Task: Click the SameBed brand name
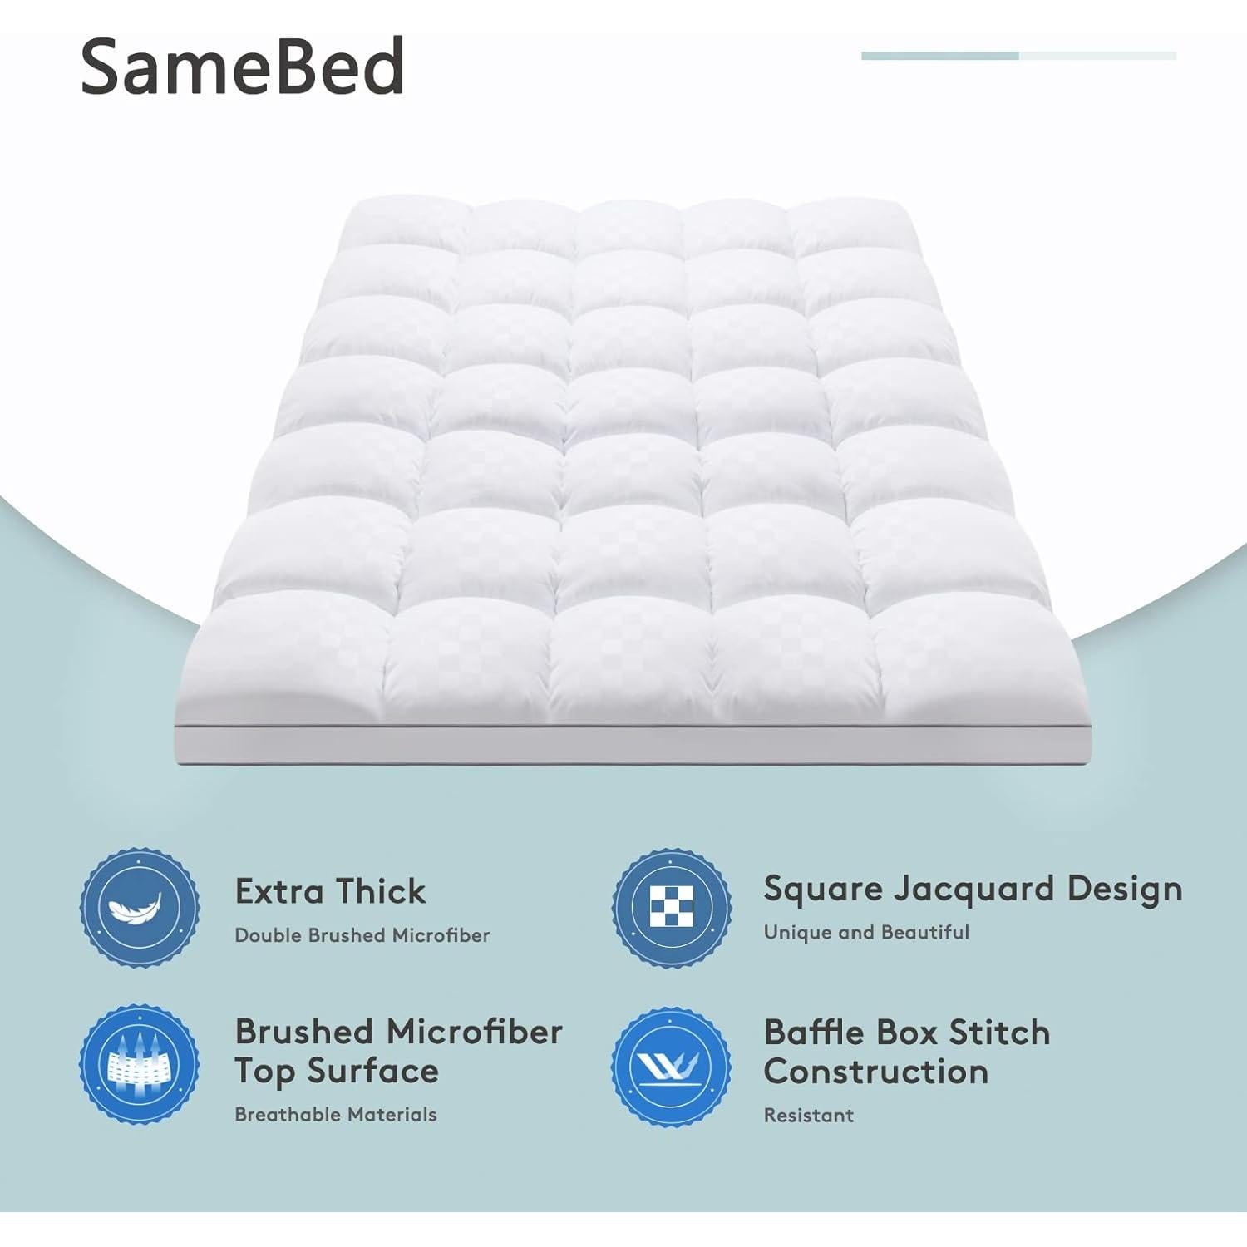pyautogui.click(x=242, y=67)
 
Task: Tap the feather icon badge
pyautogui.click(x=140, y=908)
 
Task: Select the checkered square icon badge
pyautogui.click(x=672, y=908)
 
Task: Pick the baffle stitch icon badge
pyautogui.click(x=672, y=1065)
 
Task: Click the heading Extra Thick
pyautogui.click(x=330, y=891)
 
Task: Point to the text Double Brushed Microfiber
pyautogui.click(x=362, y=935)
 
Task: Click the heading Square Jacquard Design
pyautogui.click(x=973, y=889)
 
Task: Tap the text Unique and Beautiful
pyautogui.click(x=866, y=932)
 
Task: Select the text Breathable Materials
pyautogui.click(x=335, y=1114)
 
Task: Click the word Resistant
pyautogui.click(x=808, y=1115)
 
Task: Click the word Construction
pyautogui.click(x=876, y=1072)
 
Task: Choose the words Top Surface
pyautogui.click(x=336, y=1071)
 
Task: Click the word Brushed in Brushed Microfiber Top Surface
pyautogui.click(x=303, y=1032)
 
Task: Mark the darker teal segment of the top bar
pyautogui.click(x=939, y=56)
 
